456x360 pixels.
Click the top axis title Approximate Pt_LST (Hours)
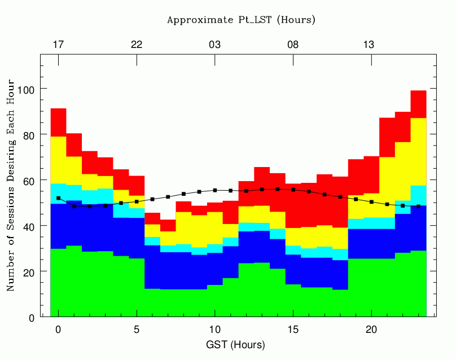click(241, 20)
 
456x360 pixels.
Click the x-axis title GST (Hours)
click(235, 345)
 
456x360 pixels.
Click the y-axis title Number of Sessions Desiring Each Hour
click(11, 185)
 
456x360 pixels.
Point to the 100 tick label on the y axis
click(26, 90)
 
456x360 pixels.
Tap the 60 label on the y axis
click(29, 181)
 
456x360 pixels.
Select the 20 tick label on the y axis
click(29, 273)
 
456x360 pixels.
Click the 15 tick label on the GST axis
click(293, 330)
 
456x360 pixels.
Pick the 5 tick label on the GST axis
click(137, 330)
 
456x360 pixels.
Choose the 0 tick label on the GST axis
click(59, 330)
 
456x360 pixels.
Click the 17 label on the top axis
click(59, 45)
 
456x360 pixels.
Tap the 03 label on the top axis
click(215, 45)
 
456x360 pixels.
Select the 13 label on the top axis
click(369, 45)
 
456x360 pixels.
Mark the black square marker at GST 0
click(59, 198)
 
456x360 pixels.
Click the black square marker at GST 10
click(215, 190)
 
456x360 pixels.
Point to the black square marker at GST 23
click(419, 206)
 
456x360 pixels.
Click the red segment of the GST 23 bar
click(419, 104)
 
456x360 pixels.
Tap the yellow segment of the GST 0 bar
click(59, 160)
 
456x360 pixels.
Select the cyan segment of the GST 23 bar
click(419, 195)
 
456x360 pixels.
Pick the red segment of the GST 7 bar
click(168, 225)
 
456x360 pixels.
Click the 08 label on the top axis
click(293, 45)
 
